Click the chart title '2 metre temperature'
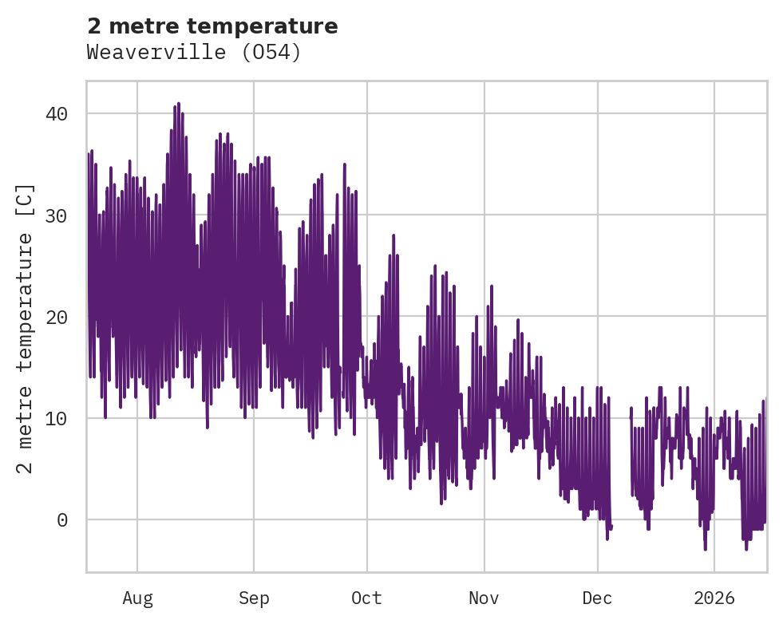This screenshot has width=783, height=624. (x=212, y=26)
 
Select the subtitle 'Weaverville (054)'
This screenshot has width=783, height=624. (x=194, y=53)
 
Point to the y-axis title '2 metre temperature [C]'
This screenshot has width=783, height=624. (x=26, y=328)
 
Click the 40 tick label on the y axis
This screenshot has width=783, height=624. (x=57, y=114)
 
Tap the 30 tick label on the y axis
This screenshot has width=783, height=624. (x=57, y=215)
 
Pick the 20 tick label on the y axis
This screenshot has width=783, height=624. (x=57, y=317)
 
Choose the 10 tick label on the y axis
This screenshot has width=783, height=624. (x=57, y=418)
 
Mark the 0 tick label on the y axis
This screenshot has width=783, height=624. (x=62, y=519)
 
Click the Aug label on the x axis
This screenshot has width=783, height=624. (x=137, y=598)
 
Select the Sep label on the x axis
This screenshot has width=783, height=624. (x=254, y=598)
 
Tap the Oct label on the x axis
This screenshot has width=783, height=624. (x=367, y=598)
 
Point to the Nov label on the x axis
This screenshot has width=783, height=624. (x=484, y=598)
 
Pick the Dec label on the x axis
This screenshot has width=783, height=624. (x=597, y=598)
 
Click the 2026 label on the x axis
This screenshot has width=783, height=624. (x=714, y=598)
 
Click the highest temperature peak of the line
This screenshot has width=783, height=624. (x=179, y=104)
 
